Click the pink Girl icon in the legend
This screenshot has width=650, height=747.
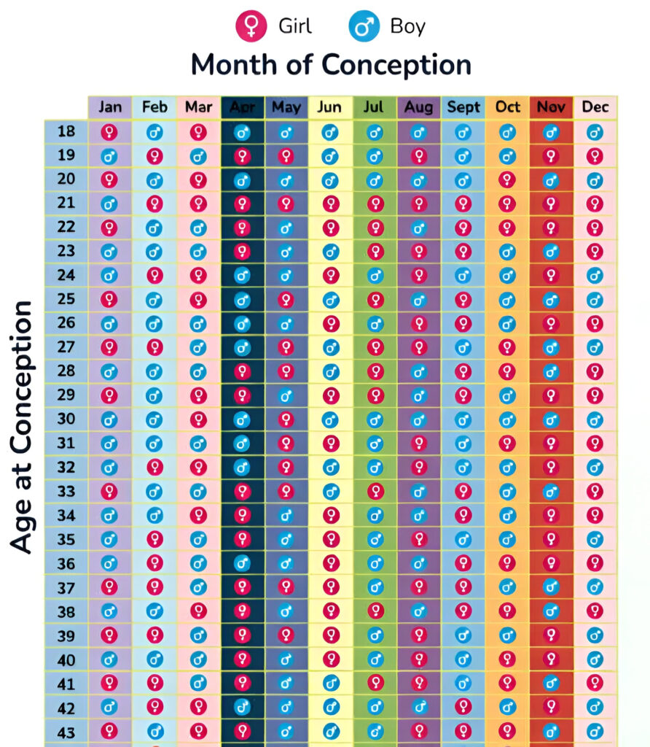tap(250, 27)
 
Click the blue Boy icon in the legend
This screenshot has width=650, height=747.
tap(362, 27)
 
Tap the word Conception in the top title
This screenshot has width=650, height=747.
tap(396, 65)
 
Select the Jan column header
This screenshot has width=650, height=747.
tap(110, 107)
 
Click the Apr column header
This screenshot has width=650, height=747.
tap(242, 107)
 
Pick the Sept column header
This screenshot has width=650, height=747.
tap(463, 107)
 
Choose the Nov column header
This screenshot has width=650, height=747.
tap(552, 107)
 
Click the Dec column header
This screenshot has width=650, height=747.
tap(595, 107)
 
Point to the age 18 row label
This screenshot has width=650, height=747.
tap(66, 132)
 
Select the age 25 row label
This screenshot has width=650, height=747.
tap(66, 300)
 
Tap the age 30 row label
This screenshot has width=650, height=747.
tap(66, 419)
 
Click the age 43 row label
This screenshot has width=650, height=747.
tap(66, 732)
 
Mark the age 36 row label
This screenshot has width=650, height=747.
tap(66, 564)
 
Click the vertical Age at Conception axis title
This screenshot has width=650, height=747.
tap(23, 427)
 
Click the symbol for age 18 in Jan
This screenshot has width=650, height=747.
tap(109, 132)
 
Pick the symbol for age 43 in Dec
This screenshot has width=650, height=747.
tap(595, 731)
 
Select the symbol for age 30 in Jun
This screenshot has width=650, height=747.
tap(331, 420)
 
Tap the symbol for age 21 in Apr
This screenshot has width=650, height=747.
tap(243, 204)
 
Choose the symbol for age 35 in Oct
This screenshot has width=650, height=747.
tap(507, 540)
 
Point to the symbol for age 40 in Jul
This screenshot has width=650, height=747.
tap(375, 660)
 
